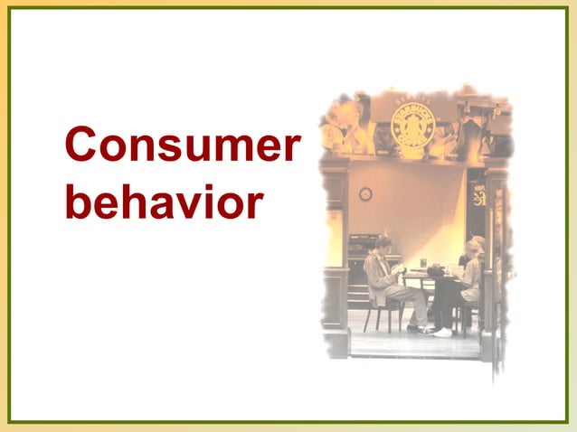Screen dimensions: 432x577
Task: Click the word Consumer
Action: (x=182, y=146)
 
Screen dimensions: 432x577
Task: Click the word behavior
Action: (x=164, y=202)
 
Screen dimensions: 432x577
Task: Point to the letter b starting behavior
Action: (x=77, y=202)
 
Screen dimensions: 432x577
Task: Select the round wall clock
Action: (x=365, y=193)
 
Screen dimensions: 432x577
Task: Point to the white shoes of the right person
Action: (x=442, y=332)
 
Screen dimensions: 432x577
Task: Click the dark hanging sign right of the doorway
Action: (x=476, y=195)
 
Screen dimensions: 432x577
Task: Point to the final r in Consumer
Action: (x=288, y=147)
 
